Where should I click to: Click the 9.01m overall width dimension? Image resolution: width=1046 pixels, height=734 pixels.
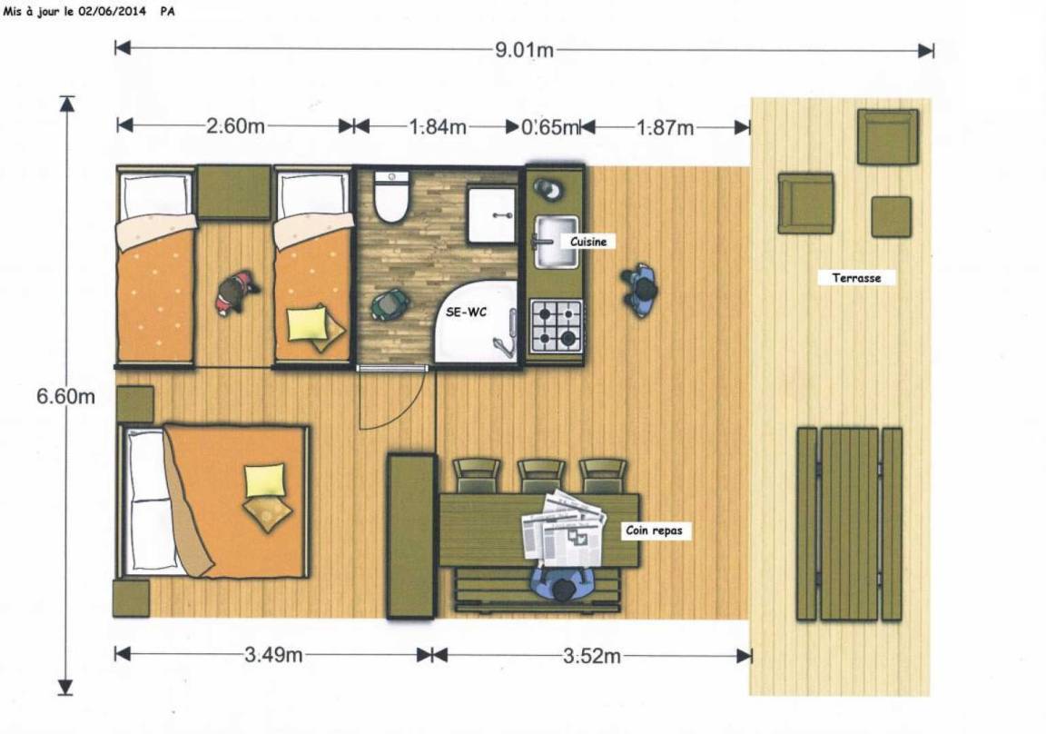[524, 50]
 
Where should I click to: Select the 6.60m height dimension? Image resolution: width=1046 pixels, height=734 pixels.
[65, 396]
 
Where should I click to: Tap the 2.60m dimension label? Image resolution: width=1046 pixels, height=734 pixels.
[235, 125]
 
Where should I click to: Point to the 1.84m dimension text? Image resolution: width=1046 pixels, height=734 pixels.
[438, 127]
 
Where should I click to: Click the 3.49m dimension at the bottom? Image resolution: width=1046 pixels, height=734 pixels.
[273, 655]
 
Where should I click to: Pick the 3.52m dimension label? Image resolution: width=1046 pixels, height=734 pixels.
[592, 656]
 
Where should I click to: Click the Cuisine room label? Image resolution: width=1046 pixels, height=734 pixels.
[588, 242]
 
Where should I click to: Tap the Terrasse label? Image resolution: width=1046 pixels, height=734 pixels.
[856, 278]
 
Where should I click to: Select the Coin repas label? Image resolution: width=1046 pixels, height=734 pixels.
[655, 531]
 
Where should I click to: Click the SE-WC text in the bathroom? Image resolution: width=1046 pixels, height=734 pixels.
[467, 312]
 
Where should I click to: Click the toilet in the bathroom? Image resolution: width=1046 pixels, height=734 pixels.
[390, 196]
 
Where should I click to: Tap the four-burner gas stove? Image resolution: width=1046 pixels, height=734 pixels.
[557, 325]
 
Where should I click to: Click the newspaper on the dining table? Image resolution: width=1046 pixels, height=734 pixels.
[565, 527]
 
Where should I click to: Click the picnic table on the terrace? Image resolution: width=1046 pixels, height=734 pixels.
[849, 524]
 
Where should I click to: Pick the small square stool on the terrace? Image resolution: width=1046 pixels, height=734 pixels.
[892, 216]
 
